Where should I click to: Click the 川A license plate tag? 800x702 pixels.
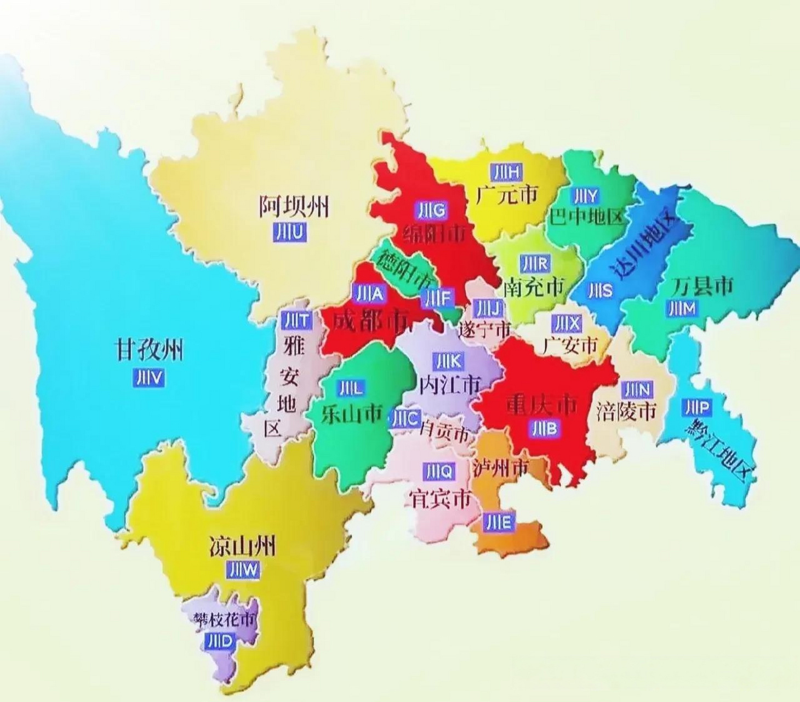(370, 295)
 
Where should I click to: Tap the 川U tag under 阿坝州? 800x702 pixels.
(289, 233)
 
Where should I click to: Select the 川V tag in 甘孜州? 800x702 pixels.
(148, 377)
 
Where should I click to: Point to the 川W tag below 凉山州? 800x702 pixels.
(243, 570)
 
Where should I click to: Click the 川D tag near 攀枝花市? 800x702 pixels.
(220, 642)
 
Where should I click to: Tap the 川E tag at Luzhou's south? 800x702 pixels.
(498, 522)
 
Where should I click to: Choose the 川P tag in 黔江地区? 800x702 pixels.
(697, 407)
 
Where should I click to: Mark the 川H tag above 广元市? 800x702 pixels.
(506, 172)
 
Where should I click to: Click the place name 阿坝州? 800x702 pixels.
(294, 207)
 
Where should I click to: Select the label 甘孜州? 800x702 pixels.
(148, 350)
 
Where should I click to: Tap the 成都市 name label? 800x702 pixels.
(371, 321)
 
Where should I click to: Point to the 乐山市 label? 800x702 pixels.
(351, 414)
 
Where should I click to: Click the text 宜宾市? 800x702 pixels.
(439, 498)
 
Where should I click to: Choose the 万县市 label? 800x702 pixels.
(702, 286)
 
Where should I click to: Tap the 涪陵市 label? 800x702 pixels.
(626, 411)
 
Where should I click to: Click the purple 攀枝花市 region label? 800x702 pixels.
(224, 620)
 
